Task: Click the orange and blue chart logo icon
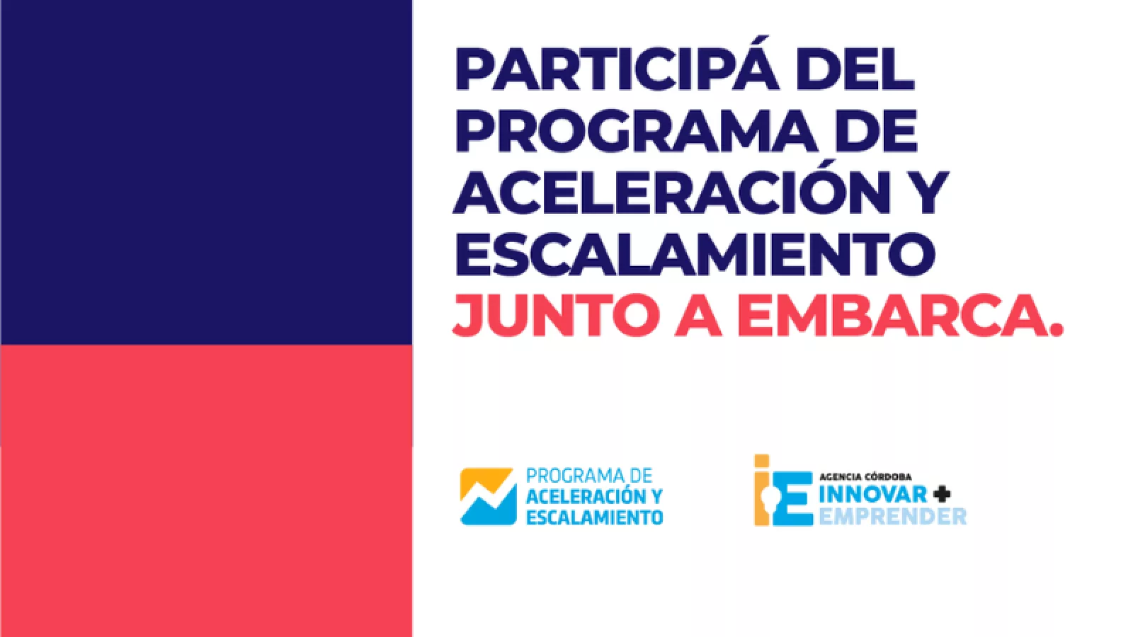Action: pos(488,496)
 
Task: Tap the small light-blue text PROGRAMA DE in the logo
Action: pos(589,476)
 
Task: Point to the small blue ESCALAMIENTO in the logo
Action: pos(594,517)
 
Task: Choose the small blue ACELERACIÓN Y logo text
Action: pos(594,496)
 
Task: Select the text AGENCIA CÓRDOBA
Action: pos(865,477)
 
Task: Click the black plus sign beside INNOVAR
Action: pos(942,493)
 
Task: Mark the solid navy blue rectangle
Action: pos(206,172)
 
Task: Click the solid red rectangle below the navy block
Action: pos(206,491)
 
